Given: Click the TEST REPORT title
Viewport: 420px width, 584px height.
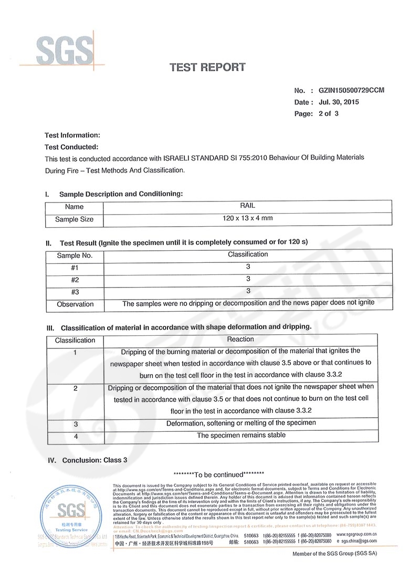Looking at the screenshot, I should (x=207, y=67).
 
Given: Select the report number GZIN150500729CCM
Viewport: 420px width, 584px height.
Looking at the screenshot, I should (x=348, y=90).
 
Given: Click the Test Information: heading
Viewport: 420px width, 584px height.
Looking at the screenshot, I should (x=72, y=135).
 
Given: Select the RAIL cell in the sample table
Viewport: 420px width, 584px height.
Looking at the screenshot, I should (x=247, y=206).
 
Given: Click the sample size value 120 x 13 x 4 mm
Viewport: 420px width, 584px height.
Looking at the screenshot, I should (x=247, y=218).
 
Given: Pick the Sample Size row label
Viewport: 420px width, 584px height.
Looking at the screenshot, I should (x=75, y=219).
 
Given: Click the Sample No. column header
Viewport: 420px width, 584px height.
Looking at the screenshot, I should (x=75, y=256).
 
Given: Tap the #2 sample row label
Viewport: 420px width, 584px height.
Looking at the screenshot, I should (x=75, y=280).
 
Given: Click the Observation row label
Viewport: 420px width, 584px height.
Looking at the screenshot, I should (x=75, y=304).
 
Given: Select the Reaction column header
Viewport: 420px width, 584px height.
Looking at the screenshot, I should (x=240, y=339).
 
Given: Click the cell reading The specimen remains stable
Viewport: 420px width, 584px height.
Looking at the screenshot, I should (x=241, y=435).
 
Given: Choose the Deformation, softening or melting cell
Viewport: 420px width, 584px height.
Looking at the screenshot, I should (x=241, y=423).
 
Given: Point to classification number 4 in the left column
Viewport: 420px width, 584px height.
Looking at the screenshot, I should (x=76, y=436).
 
